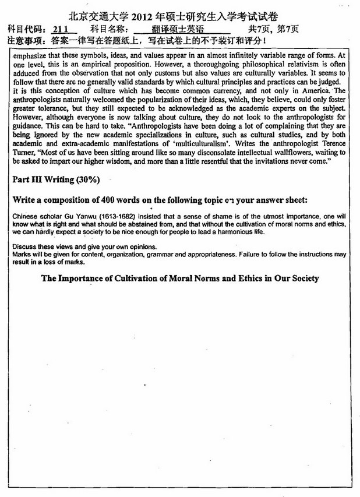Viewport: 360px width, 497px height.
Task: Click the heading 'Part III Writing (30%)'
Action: click(x=56, y=179)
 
